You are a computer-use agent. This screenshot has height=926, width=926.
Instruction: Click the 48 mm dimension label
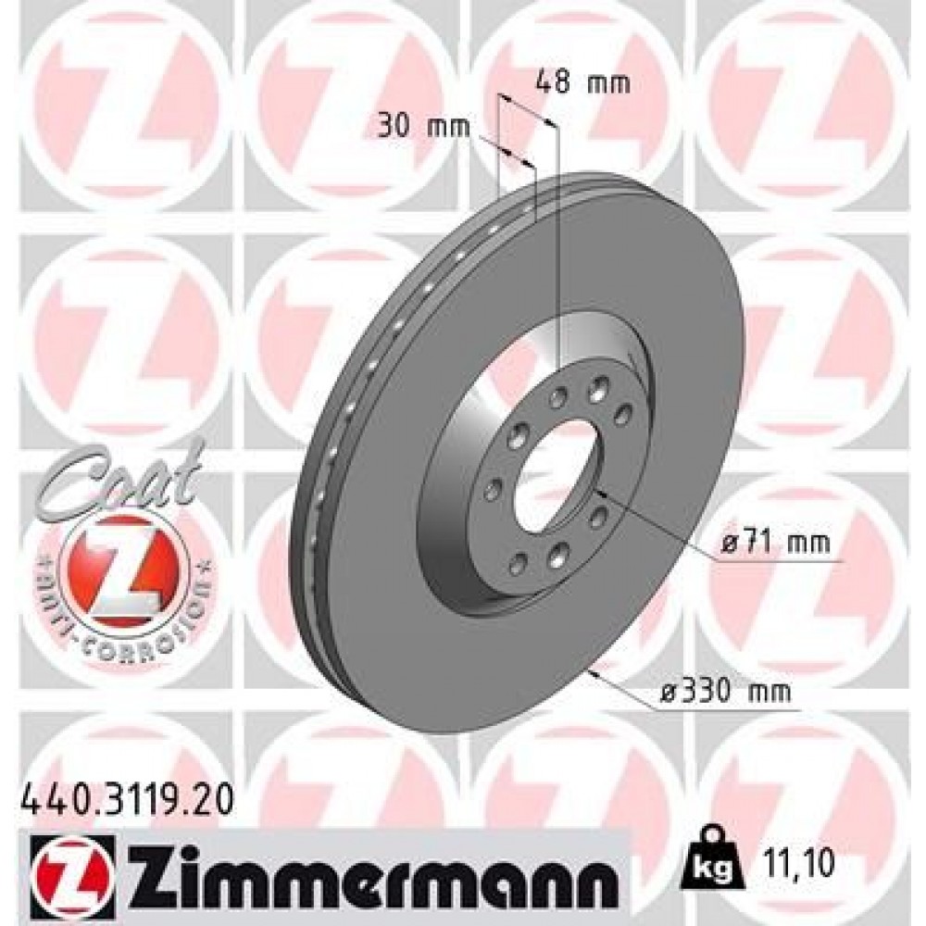[582, 82]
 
